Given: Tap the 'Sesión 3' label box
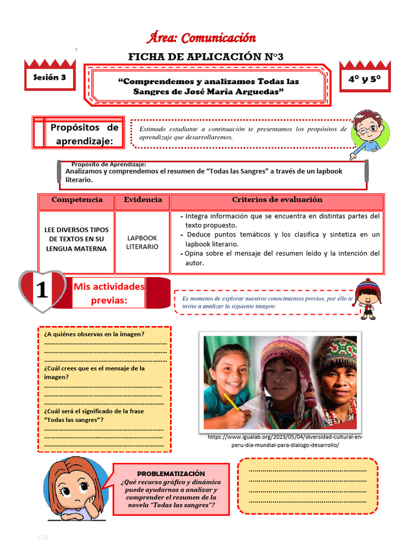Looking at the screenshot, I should (49, 77).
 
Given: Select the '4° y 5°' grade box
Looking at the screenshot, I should (365, 79).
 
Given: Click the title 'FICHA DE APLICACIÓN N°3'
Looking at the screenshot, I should (205, 57).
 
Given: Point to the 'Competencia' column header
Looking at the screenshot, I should (77, 199).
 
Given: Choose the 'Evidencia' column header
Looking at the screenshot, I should (143, 199).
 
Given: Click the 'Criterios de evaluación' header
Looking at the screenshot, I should (277, 199).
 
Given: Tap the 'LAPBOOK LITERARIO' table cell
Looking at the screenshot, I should (142, 242).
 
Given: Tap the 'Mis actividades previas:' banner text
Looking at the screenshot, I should (109, 293).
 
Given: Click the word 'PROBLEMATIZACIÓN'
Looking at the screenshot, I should (171, 473).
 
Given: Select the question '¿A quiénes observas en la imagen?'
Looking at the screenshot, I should (94, 334).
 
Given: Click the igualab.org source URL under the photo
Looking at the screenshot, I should (285, 441).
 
